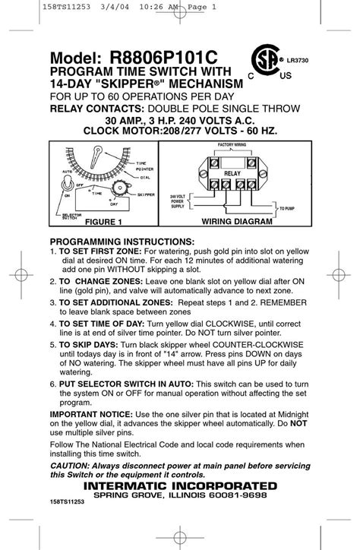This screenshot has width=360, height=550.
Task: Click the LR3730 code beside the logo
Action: click(298, 57)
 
